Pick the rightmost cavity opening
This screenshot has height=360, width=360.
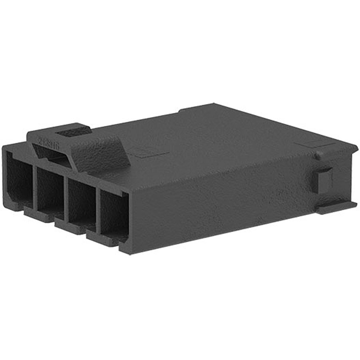click(113, 214)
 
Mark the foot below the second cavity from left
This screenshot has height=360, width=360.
click(40, 216)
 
